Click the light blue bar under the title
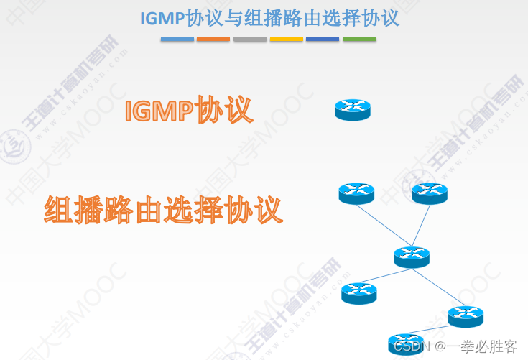[177, 40]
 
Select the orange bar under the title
[213, 40]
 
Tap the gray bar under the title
[250, 40]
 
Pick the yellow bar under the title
[286, 40]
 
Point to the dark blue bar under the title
[323, 40]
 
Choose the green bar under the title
[359, 40]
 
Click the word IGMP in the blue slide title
[162, 18]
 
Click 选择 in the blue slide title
[322, 18]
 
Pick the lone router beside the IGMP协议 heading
[353, 110]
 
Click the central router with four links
[412, 257]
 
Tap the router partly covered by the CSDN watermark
[405, 343]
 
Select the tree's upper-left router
[356, 193]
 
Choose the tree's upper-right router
[430, 193]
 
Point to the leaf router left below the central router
[358, 292]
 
